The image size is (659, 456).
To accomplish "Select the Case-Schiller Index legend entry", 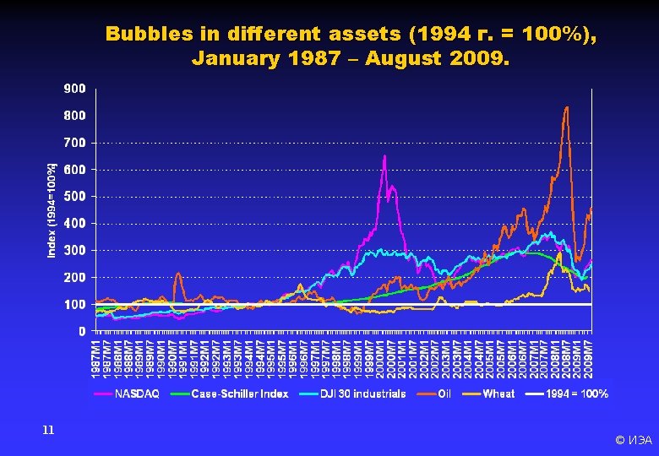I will click(x=239, y=394).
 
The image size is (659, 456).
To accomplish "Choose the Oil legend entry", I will click(x=444, y=394).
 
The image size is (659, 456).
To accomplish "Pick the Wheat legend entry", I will click(x=498, y=394).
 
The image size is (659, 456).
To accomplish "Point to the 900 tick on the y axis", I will click(x=74, y=88).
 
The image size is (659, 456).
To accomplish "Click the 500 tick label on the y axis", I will click(x=74, y=196).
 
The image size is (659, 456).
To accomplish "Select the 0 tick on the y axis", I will click(x=81, y=331).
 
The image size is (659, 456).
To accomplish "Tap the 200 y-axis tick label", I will click(x=74, y=277).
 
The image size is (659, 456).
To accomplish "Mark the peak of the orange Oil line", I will click(x=566, y=107).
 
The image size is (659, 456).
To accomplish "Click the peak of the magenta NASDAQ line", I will click(x=384, y=155).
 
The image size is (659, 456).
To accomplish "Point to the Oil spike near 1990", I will click(x=178, y=273).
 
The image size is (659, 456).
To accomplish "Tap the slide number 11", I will click(x=48, y=430).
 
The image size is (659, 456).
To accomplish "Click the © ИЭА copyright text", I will click(x=633, y=440).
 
